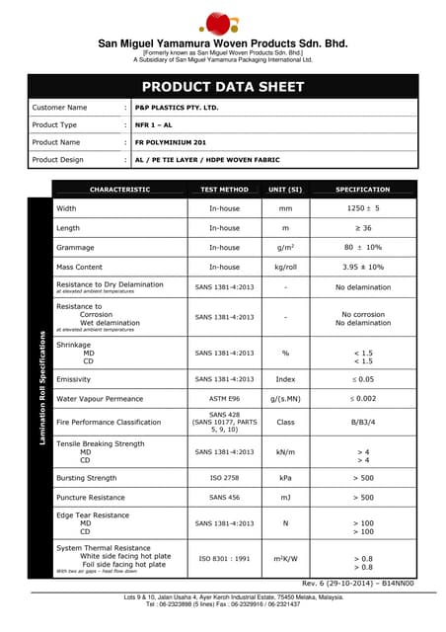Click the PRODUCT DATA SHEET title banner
(x=222, y=87)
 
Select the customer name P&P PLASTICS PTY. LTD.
(x=177, y=107)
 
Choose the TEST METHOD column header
(x=224, y=189)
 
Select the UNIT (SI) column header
(x=285, y=189)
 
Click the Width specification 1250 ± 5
(x=362, y=208)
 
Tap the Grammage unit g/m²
(x=285, y=247)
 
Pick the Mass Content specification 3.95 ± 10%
(x=362, y=267)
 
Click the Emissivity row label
(x=74, y=379)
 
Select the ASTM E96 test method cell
(x=224, y=398)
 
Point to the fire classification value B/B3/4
(x=362, y=422)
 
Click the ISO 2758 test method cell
(x=224, y=478)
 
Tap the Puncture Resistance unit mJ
(x=285, y=498)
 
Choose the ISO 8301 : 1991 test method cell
(x=224, y=558)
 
